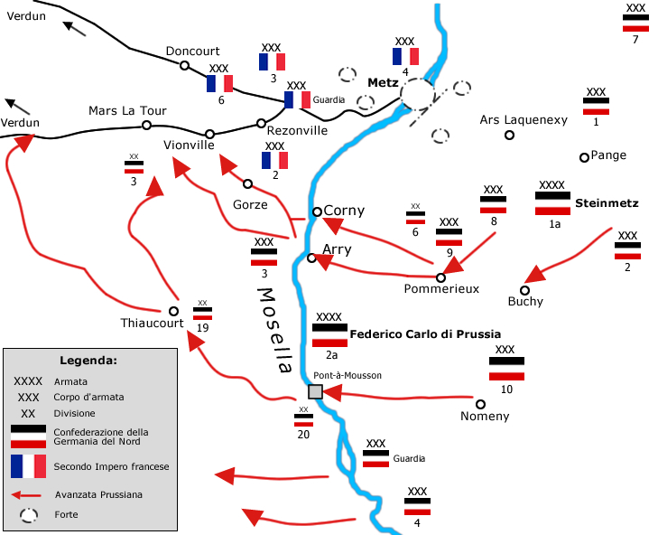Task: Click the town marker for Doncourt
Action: pos(185,65)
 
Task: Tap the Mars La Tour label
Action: pos(127,111)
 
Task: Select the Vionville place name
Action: pos(190,145)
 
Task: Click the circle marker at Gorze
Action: pos(247,183)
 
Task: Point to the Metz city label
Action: pos(383,82)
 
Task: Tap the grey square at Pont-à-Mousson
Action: pos(315,391)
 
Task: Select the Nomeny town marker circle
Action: pos(481,405)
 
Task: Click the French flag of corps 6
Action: pos(219,83)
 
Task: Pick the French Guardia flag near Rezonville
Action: pos(297,99)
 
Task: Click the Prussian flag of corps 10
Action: pos(506,369)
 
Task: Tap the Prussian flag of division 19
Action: pos(203,313)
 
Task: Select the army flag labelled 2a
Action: pos(329,335)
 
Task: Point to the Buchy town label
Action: pos(525,301)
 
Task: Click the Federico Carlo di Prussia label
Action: pos(425,333)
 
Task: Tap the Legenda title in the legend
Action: pos(88,361)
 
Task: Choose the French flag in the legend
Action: pos(28,466)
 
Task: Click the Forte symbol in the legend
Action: pos(29,514)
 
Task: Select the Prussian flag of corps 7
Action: pos(635,23)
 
